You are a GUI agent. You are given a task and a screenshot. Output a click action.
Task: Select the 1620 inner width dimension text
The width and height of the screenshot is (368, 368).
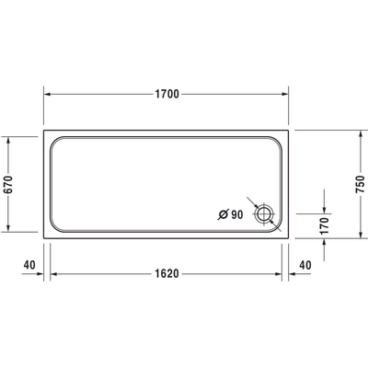coord(167,273)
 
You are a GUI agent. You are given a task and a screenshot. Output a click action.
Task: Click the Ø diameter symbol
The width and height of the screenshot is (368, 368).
coord(221,214)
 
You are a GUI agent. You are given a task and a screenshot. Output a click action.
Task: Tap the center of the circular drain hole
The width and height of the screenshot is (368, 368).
coord(266,214)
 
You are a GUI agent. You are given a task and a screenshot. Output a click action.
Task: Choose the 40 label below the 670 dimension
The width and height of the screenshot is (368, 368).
coord(28,265)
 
